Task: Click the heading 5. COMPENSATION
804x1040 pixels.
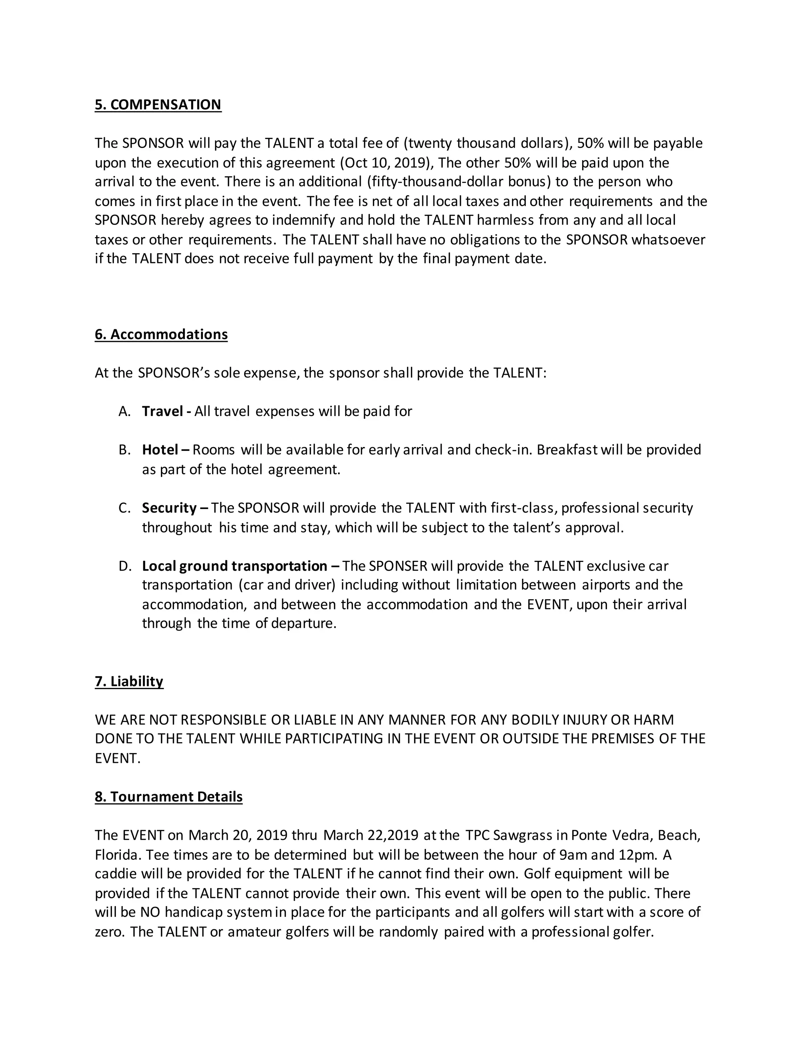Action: click(x=158, y=105)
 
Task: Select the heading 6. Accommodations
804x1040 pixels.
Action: click(x=161, y=334)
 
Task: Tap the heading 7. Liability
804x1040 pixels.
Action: click(x=129, y=681)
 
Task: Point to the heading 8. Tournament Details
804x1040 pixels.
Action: click(x=168, y=797)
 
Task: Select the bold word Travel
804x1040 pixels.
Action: click(x=163, y=411)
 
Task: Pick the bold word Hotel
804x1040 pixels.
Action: click(x=160, y=450)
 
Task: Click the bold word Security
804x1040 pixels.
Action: click(x=169, y=508)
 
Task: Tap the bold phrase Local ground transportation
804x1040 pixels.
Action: click(x=234, y=566)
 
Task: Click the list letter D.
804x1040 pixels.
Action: click(x=124, y=566)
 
